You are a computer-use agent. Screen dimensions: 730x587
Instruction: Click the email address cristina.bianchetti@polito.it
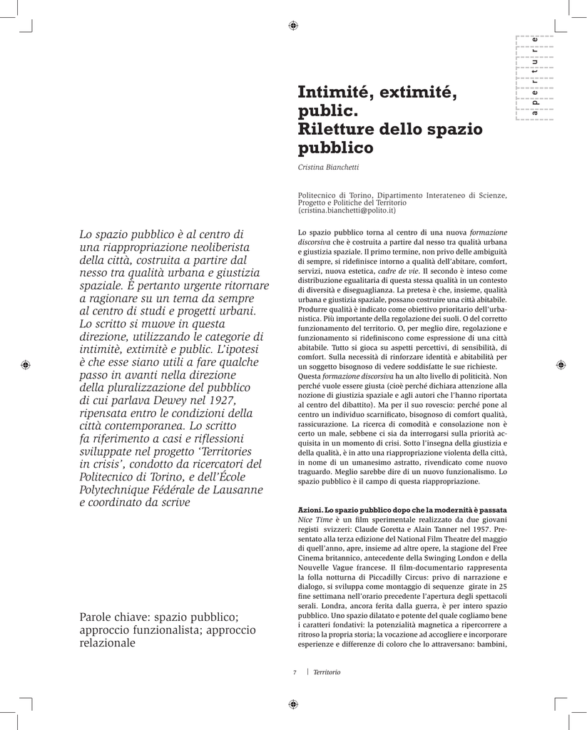pos(347,211)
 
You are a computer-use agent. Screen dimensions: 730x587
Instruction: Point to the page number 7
pos(294,672)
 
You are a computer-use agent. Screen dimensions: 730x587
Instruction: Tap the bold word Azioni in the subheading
pos(310,510)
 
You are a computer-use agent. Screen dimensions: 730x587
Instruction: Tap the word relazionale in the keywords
pos(107,642)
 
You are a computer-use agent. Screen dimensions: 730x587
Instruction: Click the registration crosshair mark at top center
pos(293,26)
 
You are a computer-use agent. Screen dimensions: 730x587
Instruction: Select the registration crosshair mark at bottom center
pos(293,704)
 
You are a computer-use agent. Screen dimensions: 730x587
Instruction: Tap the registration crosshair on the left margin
pos(26,364)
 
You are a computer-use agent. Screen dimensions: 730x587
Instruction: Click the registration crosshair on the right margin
pos(561,364)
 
